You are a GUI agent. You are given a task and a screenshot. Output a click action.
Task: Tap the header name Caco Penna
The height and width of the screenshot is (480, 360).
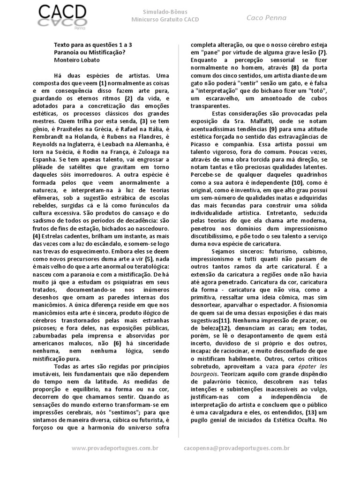tap(267, 18)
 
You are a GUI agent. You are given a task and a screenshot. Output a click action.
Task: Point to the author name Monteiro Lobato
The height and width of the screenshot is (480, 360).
tap(77, 60)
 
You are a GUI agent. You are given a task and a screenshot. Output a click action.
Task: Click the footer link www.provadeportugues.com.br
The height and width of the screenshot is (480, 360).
tap(114, 449)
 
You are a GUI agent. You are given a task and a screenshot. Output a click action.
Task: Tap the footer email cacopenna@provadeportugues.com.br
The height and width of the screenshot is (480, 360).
tap(237, 449)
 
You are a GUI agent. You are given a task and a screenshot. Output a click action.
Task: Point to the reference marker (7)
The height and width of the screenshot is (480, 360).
tap(322, 53)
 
